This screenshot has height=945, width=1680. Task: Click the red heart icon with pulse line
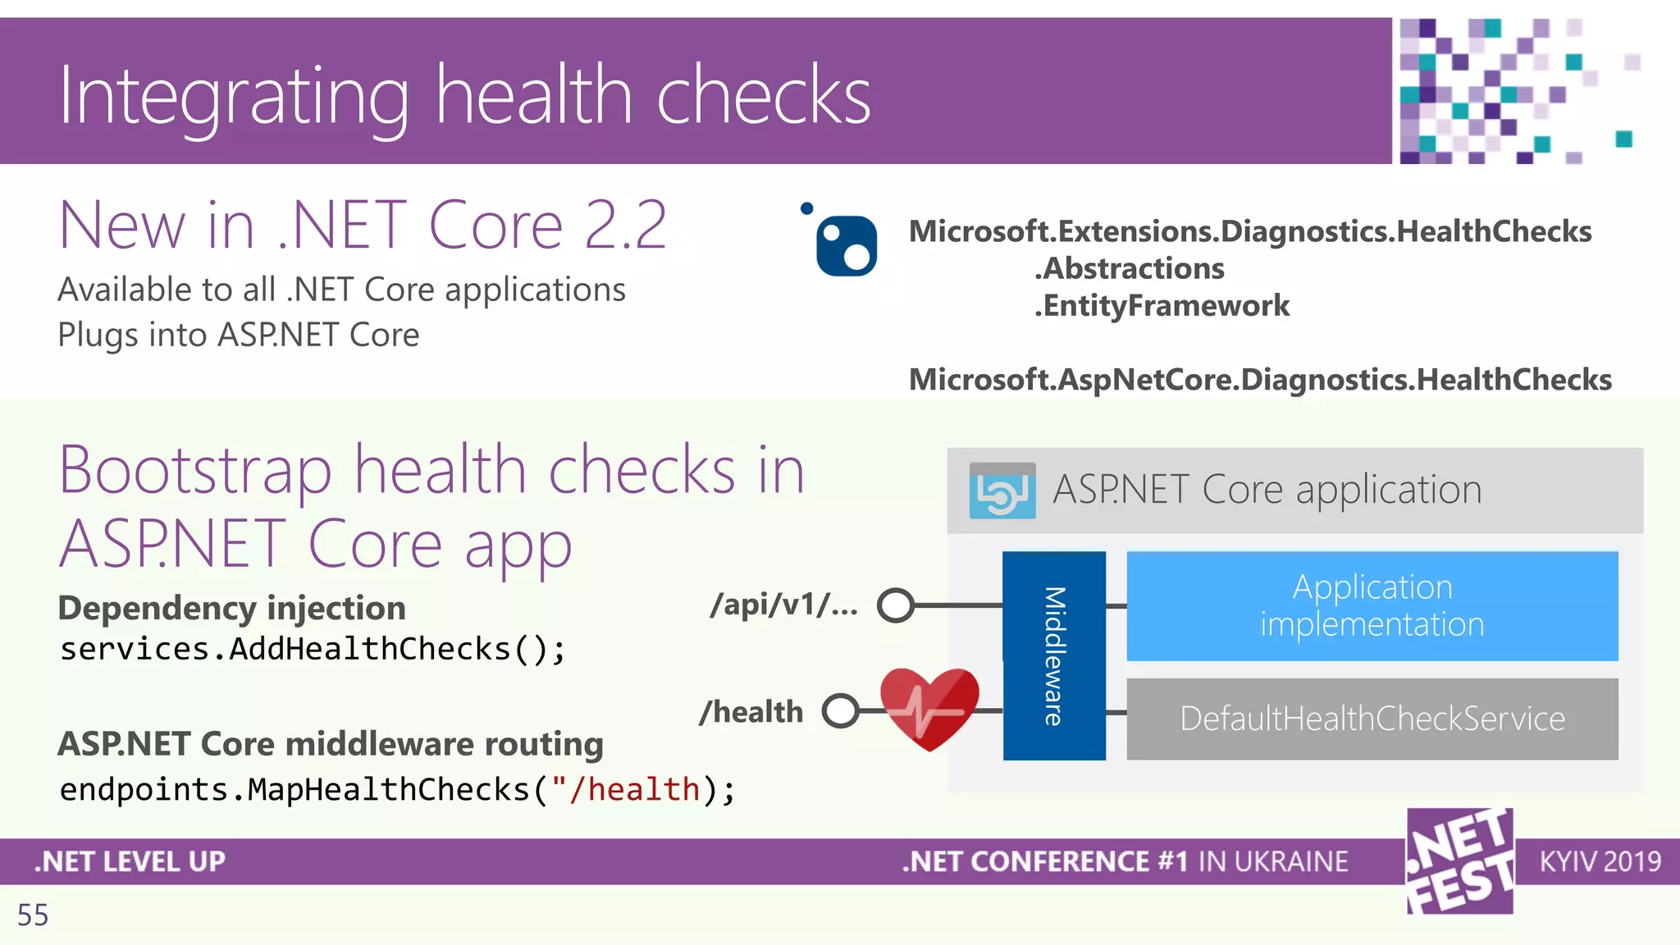(929, 707)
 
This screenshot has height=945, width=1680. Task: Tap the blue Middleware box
(1054, 655)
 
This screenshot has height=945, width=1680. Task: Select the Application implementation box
(1372, 606)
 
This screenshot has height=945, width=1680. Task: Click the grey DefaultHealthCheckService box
(1372, 719)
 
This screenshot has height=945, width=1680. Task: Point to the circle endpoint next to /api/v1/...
(895, 605)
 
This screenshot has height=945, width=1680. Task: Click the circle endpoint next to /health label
(841, 710)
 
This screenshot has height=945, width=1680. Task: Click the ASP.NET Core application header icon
(1002, 491)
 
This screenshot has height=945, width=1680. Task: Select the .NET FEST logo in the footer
(1460, 861)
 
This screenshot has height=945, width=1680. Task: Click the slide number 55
(33, 915)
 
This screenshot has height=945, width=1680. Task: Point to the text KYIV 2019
(1600, 861)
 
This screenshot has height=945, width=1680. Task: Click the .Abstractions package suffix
(1130, 268)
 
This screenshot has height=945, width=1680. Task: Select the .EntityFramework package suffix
(1162, 305)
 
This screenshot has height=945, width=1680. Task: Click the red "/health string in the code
(626, 789)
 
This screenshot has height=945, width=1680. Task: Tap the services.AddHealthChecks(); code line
(312, 649)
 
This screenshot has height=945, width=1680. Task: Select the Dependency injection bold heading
(231, 608)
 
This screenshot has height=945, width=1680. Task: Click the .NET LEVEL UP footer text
(130, 861)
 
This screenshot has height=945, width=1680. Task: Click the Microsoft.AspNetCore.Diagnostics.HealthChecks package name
(1260, 380)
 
